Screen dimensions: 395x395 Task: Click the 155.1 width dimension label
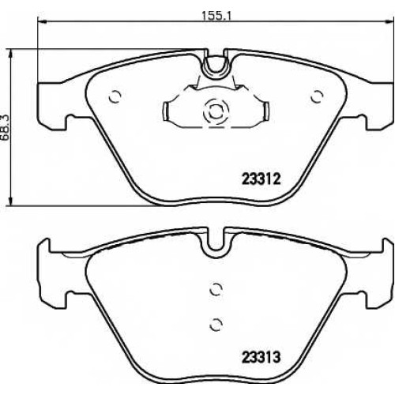pos(216,17)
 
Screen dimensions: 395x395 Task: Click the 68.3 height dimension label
pos(5,129)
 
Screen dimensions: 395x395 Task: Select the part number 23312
pos(261,179)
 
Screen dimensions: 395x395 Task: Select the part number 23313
pos(261,357)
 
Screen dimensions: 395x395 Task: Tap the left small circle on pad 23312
pos(115,96)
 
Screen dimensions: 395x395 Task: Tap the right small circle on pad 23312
pos(317,96)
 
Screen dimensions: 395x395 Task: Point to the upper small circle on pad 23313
pos(216,290)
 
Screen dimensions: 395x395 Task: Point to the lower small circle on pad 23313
pos(216,324)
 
